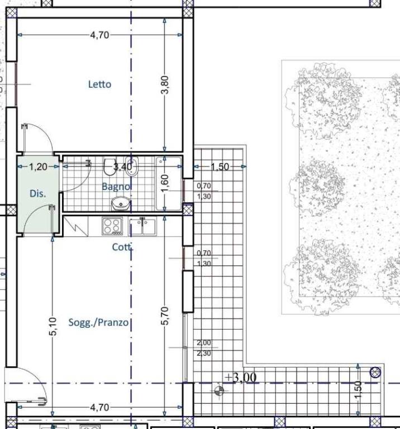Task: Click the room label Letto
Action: click(x=99, y=84)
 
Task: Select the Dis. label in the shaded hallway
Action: click(x=38, y=193)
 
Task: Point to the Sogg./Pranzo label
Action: click(x=98, y=322)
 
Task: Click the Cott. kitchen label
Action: click(x=122, y=247)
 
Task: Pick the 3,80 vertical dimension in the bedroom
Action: click(x=165, y=85)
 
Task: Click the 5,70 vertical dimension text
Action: click(x=165, y=316)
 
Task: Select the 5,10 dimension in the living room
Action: click(x=53, y=326)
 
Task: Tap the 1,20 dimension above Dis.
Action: click(x=38, y=166)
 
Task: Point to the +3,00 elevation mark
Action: click(x=240, y=378)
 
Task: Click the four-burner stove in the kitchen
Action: click(x=112, y=226)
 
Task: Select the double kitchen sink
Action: click(x=142, y=227)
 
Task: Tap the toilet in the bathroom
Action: click(x=109, y=166)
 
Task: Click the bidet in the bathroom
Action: click(x=132, y=166)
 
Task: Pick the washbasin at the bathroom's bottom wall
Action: click(x=121, y=203)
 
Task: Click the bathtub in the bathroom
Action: click(x=168, y=184)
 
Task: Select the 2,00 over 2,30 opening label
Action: click(x=204, y=348)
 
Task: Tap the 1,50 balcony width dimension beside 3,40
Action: click(x=220, y=167)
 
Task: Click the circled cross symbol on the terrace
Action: click(x=375, y=373)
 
